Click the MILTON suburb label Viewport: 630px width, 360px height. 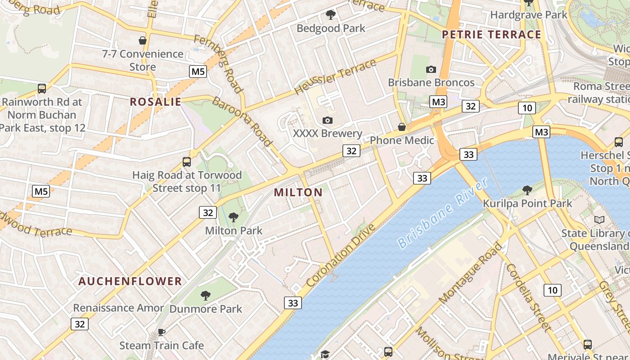pyautogui.click(x=298, y=193)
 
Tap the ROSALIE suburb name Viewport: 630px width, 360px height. pyautogui.click(x=156, y=102)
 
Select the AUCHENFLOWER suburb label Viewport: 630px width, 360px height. pyautogui.click(x=130, y=281)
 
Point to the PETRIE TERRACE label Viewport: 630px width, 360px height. pyautogui.click(x=491, y=35)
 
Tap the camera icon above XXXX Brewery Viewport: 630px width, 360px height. pyautogui.click(x=328, y=120)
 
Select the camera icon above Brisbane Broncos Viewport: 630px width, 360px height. pyautogui.click(x=431, y=69)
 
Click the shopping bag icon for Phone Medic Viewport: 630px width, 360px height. pyautogui.click(x=402, y=127)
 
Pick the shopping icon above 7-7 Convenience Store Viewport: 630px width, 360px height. pyautogui.click(x=143, y=41)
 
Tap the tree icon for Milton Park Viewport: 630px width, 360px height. pyautogui.click(x=234, y=218)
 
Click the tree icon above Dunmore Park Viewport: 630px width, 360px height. pyautogui.click(x=206, y=296)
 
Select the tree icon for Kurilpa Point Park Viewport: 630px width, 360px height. pyautogui.click(x=527, y=190)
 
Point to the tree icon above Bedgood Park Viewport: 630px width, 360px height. pyautogui.click(x=331, y=15)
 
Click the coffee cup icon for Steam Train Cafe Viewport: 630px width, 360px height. pyautogui.click(x=161, y=333)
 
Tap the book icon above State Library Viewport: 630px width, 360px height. pyautogui.click(x=599, y=220)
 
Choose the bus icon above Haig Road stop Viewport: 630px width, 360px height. pyautogui.click(x=187, y=162)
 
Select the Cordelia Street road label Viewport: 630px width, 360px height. pyautogui.click(x=528, y=297)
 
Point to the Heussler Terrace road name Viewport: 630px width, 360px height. pyautogui.click(x=335, y=77)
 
